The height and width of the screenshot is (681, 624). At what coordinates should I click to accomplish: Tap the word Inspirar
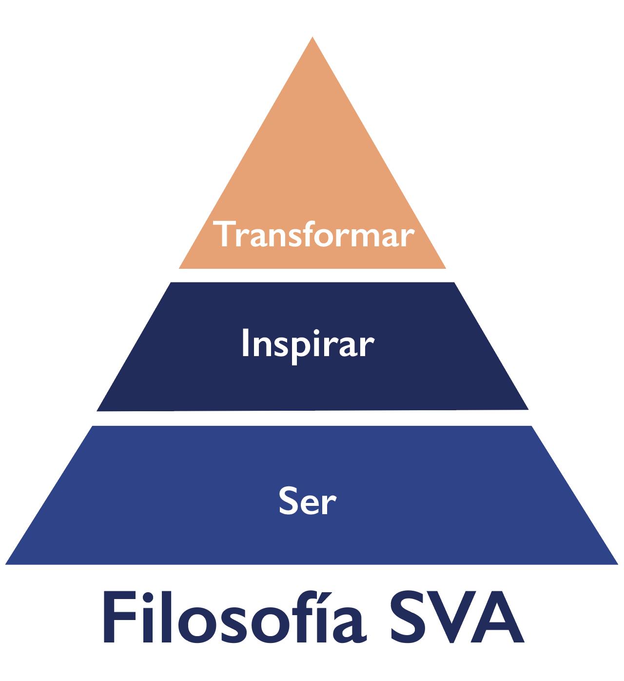coord(308,344)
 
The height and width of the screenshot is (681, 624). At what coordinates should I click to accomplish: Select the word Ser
coord(308,501)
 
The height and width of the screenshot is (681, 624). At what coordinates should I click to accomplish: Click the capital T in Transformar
coord(226,235)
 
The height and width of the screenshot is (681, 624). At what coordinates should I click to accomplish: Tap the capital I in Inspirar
coord(245,343)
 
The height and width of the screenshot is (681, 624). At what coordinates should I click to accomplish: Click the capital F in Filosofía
coord(116,619)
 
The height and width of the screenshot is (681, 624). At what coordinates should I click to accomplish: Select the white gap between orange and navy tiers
coord(312,275)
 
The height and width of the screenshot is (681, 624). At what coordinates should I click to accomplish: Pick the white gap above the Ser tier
coord(312,418)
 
